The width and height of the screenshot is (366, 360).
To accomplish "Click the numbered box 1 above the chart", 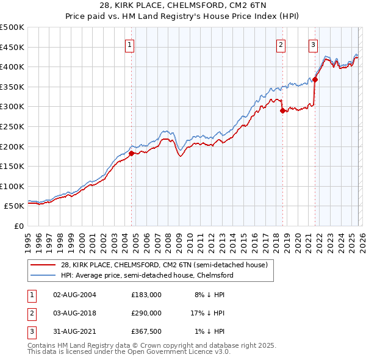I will point(131,44).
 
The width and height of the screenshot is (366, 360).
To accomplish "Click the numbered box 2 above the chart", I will point(281,44).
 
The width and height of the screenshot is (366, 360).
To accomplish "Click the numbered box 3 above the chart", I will point(313,44).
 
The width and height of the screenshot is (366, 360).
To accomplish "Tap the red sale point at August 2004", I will point(131,153).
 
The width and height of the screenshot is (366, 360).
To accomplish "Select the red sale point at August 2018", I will point(282,110).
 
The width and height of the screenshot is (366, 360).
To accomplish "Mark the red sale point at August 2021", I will point(315,79).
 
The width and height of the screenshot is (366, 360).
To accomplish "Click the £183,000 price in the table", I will point(146,294).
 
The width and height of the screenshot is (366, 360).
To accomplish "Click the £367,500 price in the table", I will point(146,332).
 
